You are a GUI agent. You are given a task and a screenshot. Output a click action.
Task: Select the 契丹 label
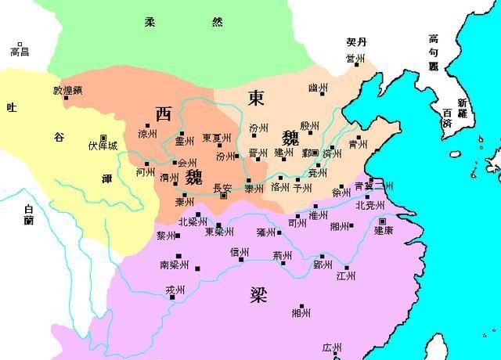[x=356, y=41]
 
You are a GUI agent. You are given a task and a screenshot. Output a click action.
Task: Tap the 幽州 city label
[x=318, y=88]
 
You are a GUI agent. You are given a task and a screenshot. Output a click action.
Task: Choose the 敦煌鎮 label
[x=67, y=89]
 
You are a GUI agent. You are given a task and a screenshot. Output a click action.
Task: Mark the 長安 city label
[x=223, y=187]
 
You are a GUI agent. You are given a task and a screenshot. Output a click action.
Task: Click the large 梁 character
[x=259, y=295]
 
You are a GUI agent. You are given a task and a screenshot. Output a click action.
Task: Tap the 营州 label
[x=356, y=59]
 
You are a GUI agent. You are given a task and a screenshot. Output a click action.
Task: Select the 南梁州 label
[x=175, y=265]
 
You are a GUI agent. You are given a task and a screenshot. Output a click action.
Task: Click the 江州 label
[x=345, y=276]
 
